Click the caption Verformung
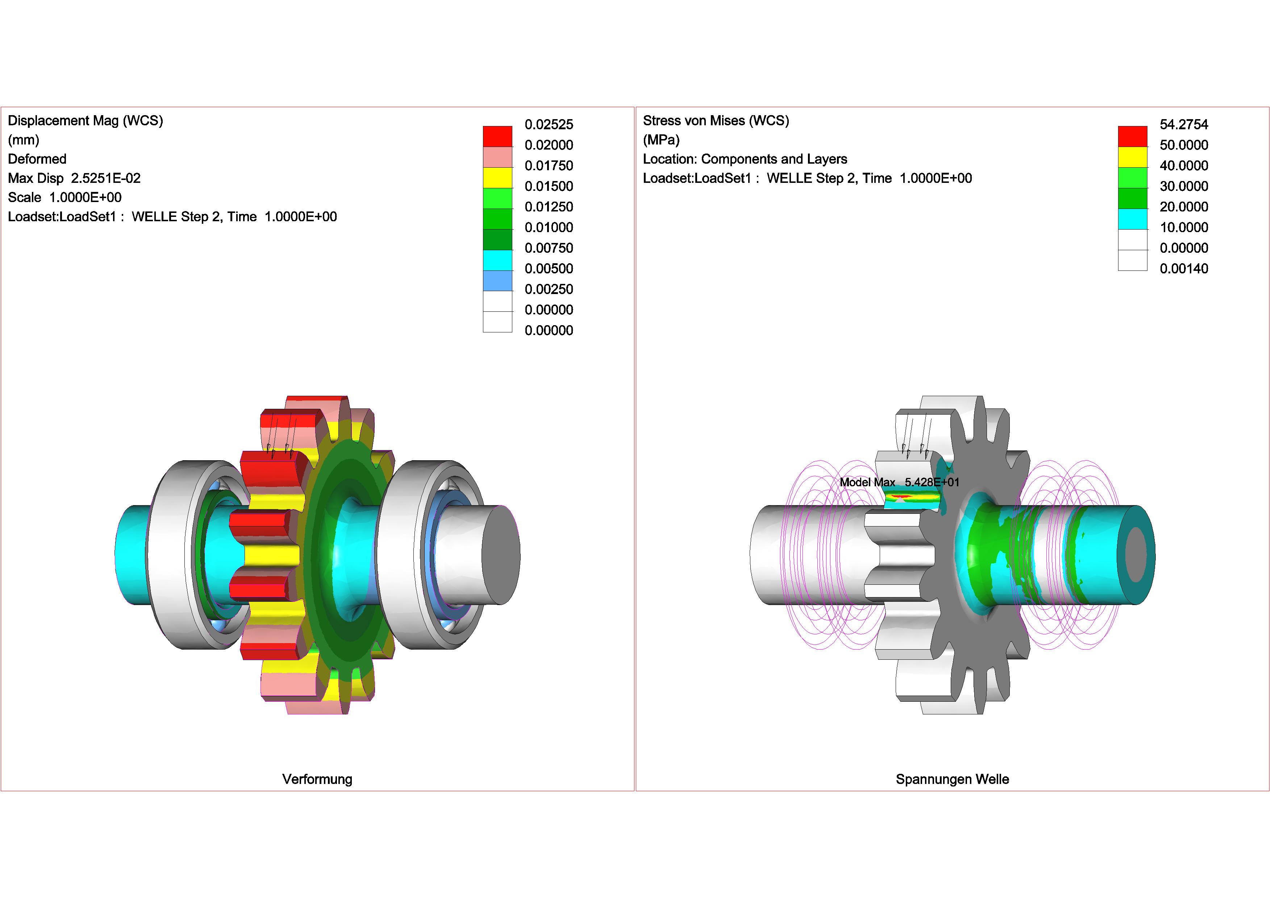coord(317,779)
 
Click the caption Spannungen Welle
coord(952,779)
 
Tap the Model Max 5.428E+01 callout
coord(899,482)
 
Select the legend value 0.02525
coord(549,125)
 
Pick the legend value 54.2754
coord(1184,125)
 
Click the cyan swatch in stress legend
coord(1132,219)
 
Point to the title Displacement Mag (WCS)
coord(85,121)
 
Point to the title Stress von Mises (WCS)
coord(716,121)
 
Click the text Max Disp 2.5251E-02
coord(74,178)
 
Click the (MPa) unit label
coord(661,140)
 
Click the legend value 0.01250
coord(549,207)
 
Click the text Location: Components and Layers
coord(745,159)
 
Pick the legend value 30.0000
coord(1184,186)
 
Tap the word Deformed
coord(37,159)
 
